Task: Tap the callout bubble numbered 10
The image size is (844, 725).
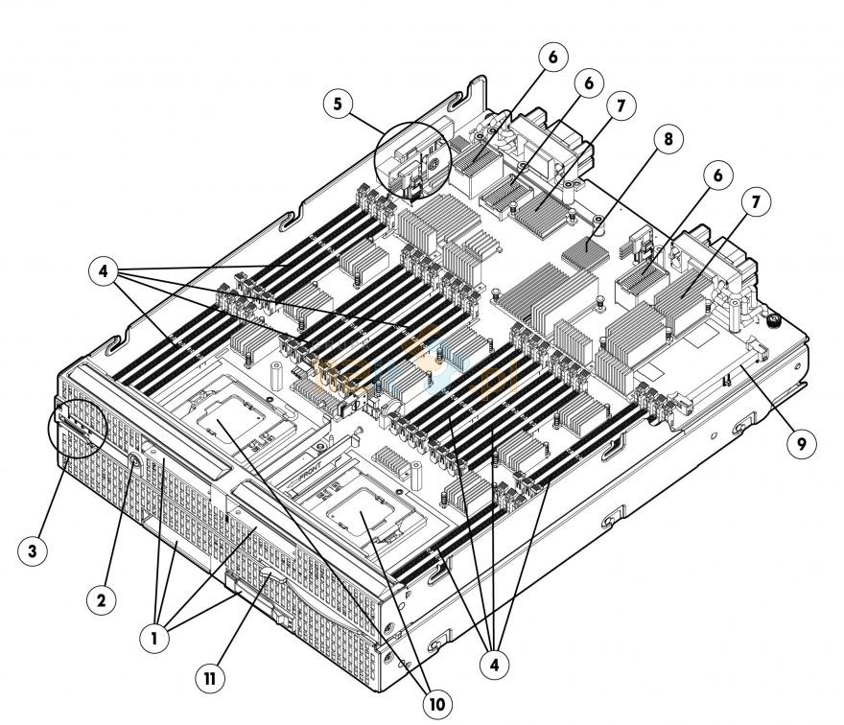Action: (x=435, y=704)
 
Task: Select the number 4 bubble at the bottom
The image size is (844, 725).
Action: (x=495, y=662)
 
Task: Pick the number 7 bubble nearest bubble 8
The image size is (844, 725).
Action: (x=620, y=106)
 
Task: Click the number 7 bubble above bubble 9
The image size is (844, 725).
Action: (x=755, y=203)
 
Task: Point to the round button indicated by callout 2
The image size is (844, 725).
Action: (x=133, y=461)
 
